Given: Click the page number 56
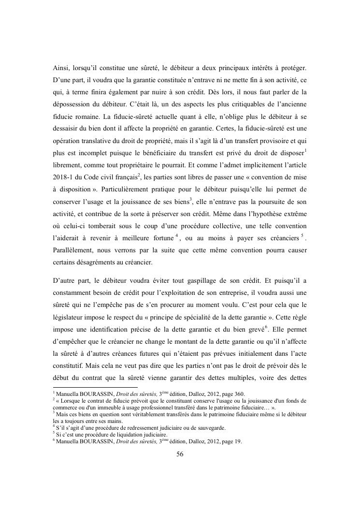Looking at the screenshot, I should point(180,454).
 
